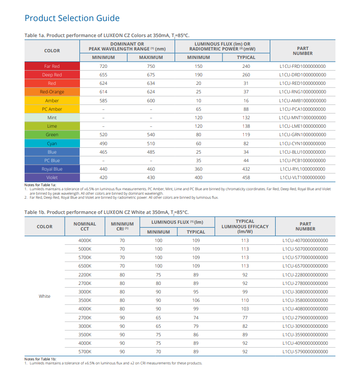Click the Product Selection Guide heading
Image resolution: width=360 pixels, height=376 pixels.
point(72,18)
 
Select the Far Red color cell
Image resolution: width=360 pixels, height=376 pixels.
point(52,66)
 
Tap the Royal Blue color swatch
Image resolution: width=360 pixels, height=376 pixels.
point(52,169)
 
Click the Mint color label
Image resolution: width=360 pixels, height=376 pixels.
point(52,118)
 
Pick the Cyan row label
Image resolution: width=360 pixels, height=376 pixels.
point(52,143)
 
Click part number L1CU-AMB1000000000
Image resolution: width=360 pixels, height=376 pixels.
point(302,101)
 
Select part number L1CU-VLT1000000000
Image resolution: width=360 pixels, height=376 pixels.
point(302,178)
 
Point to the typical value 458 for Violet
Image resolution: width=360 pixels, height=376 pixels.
point(246,178)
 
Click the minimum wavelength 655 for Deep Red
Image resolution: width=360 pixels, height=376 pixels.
point(103,75)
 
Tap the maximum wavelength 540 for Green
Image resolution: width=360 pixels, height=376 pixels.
point(151,135)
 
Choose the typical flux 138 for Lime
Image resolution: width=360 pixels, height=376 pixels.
point(246,126)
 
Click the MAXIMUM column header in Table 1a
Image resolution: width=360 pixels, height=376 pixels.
point(151,58)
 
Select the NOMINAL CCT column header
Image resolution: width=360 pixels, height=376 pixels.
point(85,226)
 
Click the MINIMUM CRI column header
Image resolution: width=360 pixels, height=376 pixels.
point(122,226)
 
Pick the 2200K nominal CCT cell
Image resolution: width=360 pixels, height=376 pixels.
point(85,275)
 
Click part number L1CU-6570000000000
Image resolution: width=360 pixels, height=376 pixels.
point(305,266)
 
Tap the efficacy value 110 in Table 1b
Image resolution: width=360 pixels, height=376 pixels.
point(245,300)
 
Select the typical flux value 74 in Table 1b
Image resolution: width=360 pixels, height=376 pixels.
point(196,318)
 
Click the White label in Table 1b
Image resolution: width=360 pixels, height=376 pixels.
point(45,297)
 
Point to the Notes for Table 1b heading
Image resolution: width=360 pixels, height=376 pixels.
point(40,359)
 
